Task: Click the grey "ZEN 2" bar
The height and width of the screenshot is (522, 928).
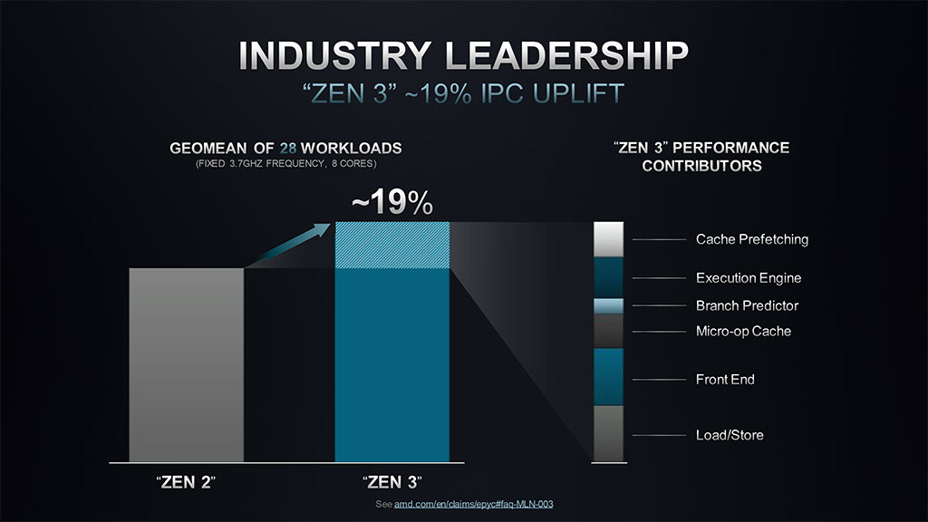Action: (x=187, y=364)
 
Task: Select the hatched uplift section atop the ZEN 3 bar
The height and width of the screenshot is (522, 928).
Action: (x=391, y=245)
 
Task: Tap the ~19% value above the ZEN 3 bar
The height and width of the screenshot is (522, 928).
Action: (x=391, y=204)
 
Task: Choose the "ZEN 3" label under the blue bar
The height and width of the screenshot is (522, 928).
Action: (x=391, y=480)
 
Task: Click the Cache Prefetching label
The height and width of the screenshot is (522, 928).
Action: (x=751, y=239)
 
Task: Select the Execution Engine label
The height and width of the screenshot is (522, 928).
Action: (x=748, y=278)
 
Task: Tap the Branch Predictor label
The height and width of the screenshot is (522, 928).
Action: (x=747, y=305)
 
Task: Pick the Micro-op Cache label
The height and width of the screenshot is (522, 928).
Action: (x=743, y=331)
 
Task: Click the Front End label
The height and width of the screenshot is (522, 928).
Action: (x=725, y=379)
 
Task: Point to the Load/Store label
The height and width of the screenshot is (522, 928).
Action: (x=730, y=435)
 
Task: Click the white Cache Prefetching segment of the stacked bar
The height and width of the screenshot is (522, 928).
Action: (x=608, y=239)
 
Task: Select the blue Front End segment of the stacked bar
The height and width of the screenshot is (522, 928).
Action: (x=608, y=377)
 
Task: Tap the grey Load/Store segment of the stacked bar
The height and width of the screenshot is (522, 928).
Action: (x=608, y=434)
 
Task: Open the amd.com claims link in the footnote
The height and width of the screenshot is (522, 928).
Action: (x=473, y=503)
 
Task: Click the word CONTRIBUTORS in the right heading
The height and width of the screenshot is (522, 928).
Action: (x=701, y=166)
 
